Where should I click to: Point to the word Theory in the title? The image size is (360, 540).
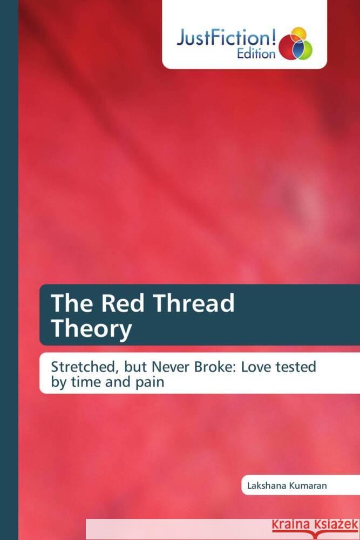91,329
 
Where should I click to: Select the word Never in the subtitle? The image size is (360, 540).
175,367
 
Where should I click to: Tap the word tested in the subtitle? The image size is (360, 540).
297,367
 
